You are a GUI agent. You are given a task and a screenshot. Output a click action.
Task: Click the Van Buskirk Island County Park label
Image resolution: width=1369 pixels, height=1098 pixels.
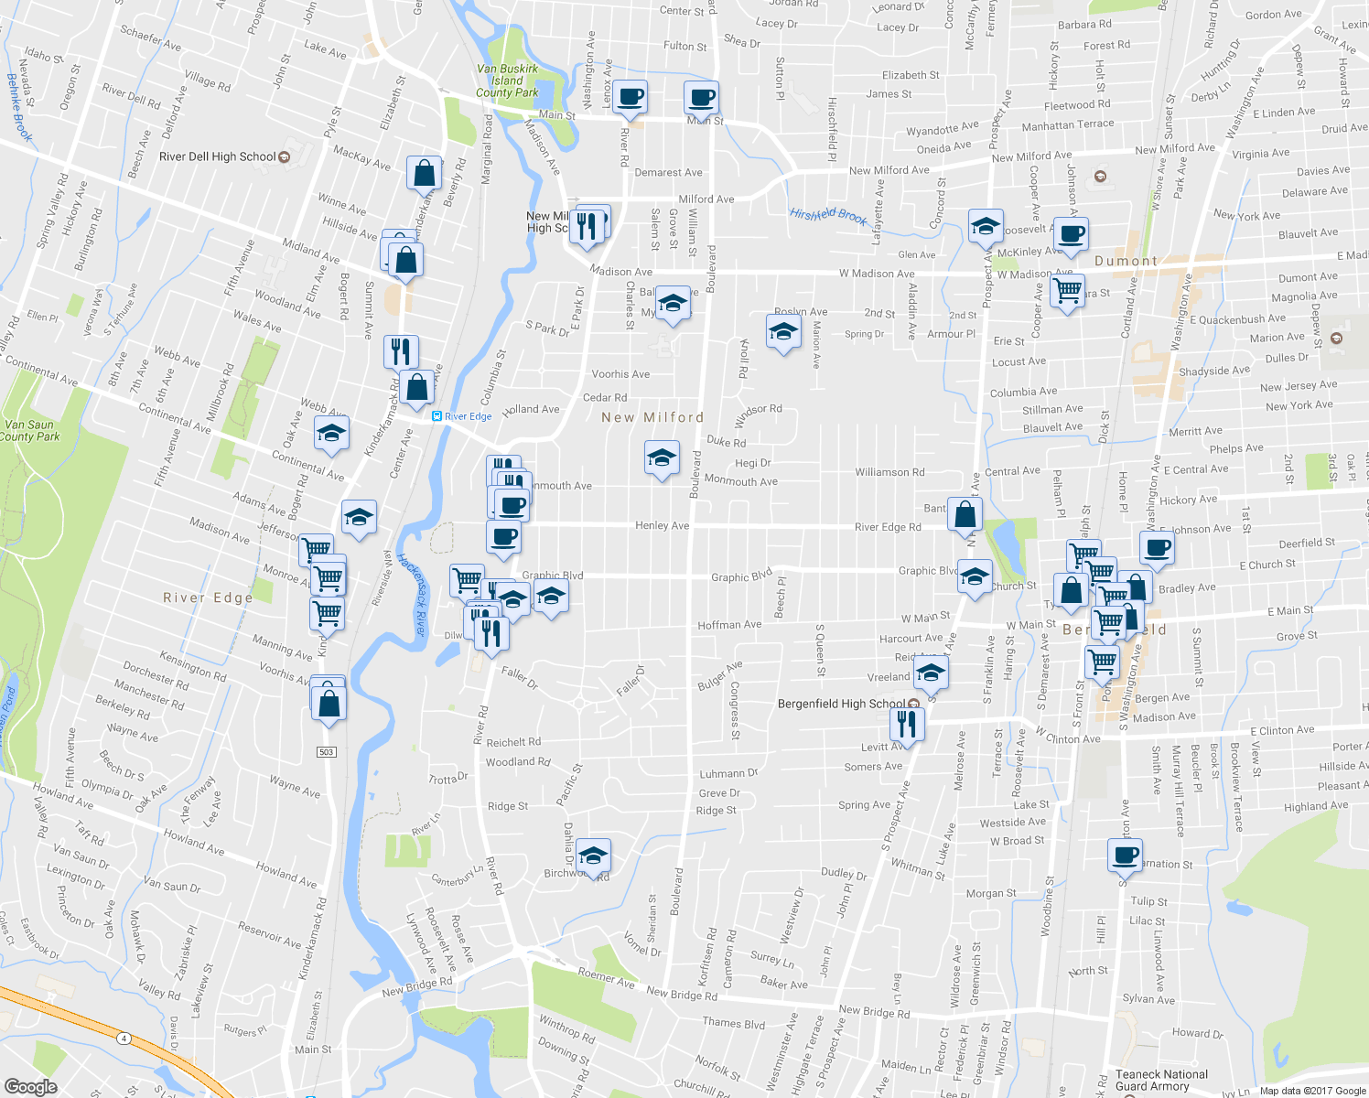(507, 81)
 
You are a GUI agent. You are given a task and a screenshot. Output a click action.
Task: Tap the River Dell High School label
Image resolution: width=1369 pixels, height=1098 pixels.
(218, 156)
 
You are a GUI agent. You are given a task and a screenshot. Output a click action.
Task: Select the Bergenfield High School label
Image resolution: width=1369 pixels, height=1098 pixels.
(841, 704)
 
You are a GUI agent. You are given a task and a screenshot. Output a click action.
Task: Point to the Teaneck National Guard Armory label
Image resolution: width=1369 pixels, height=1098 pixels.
(1161, 1081)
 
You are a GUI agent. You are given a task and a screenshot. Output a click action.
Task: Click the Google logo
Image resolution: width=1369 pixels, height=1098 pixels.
(30, 1086)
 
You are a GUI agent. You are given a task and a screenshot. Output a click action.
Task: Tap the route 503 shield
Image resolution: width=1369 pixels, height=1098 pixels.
(327, 752)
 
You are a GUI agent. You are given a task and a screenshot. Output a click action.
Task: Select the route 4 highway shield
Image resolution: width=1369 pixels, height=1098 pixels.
(124, 1038)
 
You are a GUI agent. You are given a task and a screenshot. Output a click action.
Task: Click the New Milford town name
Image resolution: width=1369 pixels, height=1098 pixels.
(652, 417)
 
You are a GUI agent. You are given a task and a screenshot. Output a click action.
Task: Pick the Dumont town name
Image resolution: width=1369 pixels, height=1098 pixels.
(1126, 261)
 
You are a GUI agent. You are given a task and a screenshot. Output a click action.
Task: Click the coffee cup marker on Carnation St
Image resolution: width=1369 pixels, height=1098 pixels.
(1125, 856)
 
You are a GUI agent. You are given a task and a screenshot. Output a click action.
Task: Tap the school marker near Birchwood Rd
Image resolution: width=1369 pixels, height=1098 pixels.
(593, 856)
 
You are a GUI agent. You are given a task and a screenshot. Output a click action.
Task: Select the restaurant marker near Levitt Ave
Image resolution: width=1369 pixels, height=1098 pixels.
(907, 724)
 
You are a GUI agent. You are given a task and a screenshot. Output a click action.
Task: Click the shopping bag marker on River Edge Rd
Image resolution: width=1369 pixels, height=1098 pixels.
(965, 515)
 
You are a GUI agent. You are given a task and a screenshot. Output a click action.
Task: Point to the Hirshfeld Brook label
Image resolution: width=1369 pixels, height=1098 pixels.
(828, 216)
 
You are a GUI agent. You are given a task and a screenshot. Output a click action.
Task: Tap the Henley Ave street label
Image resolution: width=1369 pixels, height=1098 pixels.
(662, 525)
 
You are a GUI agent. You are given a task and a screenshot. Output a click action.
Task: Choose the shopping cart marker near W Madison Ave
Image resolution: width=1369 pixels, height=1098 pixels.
(1067, 291)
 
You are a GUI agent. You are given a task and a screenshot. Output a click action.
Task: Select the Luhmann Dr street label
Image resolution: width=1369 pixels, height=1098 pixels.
(728, 773)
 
